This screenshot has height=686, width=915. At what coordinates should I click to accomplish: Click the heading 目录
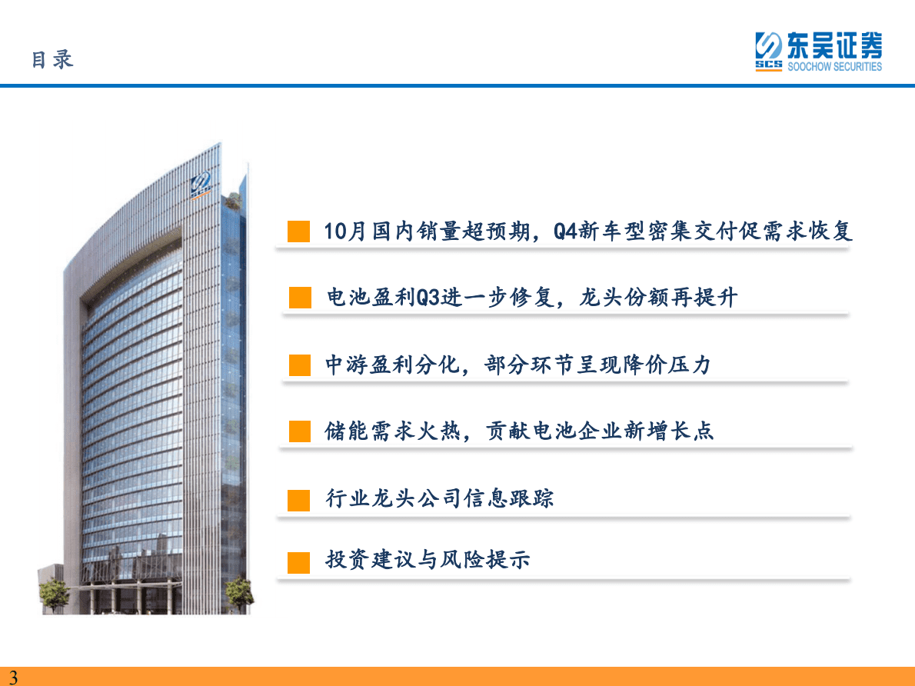pyautogui.click(x=52, y=59)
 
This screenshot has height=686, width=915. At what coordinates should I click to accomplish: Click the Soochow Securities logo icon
pyautogui.click(x=768, y=52)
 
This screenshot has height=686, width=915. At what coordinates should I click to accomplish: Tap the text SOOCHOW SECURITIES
pyautogui.click(x=834, y=67)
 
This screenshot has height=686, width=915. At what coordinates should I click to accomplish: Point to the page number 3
pyautogui.click(x=13, y=677)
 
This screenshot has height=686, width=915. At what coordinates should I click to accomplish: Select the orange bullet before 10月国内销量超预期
pyautogui.click(x=299, y=231)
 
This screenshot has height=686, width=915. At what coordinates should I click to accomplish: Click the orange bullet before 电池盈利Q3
pyautogui.click(x=300, y=298)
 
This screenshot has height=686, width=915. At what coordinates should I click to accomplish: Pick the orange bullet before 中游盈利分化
pyautogui.click(x=300, y=365)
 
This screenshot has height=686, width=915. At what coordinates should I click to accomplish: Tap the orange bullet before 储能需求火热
pyautogui.click(x=300, y=431)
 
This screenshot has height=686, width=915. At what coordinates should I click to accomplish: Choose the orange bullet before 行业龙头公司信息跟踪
pyautogui.click(x=299, y=499)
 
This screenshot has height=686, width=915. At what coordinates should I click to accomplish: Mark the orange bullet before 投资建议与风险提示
pyautogui.click(x=299, y=561)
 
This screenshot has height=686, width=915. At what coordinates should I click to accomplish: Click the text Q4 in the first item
pyautogui.click(x=565, y=231)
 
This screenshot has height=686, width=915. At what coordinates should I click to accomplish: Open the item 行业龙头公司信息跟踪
pyautogui.click(x=440, y=498)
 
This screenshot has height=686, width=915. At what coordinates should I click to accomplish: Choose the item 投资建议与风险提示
pyautogui.click(x=428, y=561)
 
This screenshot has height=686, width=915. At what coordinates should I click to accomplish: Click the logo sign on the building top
pyautogui.click(x=203, y=185)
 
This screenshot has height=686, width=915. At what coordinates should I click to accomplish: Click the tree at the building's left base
pyautogui.click(x=54, y=594)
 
